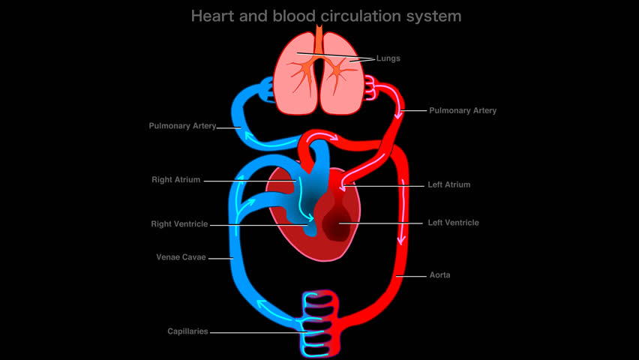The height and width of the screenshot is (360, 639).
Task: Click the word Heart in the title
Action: click(x=213, y=16)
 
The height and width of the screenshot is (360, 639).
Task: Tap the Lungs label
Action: click(x=388, y=58)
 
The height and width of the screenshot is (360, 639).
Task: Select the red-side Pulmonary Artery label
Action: click(x=463, y=110)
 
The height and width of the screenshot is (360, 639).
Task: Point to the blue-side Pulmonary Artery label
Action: click(x=182, y=126)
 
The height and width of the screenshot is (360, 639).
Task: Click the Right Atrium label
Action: click(x=176, y=180)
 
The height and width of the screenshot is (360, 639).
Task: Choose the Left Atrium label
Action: click(x=448, y=184)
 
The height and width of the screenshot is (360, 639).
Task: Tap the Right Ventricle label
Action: click(x=179, y=223)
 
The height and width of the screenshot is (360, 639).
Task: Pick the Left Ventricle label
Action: click(x=453, y=223)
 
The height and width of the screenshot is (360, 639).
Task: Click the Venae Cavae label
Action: click(x=181, y=257)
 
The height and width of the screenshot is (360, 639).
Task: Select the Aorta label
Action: click(x=439, y=275)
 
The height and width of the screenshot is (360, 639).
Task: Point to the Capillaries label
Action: click(x=187, y=331)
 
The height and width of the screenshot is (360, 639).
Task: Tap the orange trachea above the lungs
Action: click(x=319, y=39)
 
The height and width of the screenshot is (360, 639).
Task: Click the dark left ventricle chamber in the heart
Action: click(x=337, y=220)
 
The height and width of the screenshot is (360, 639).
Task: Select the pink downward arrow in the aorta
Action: click(x=403, y=212)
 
